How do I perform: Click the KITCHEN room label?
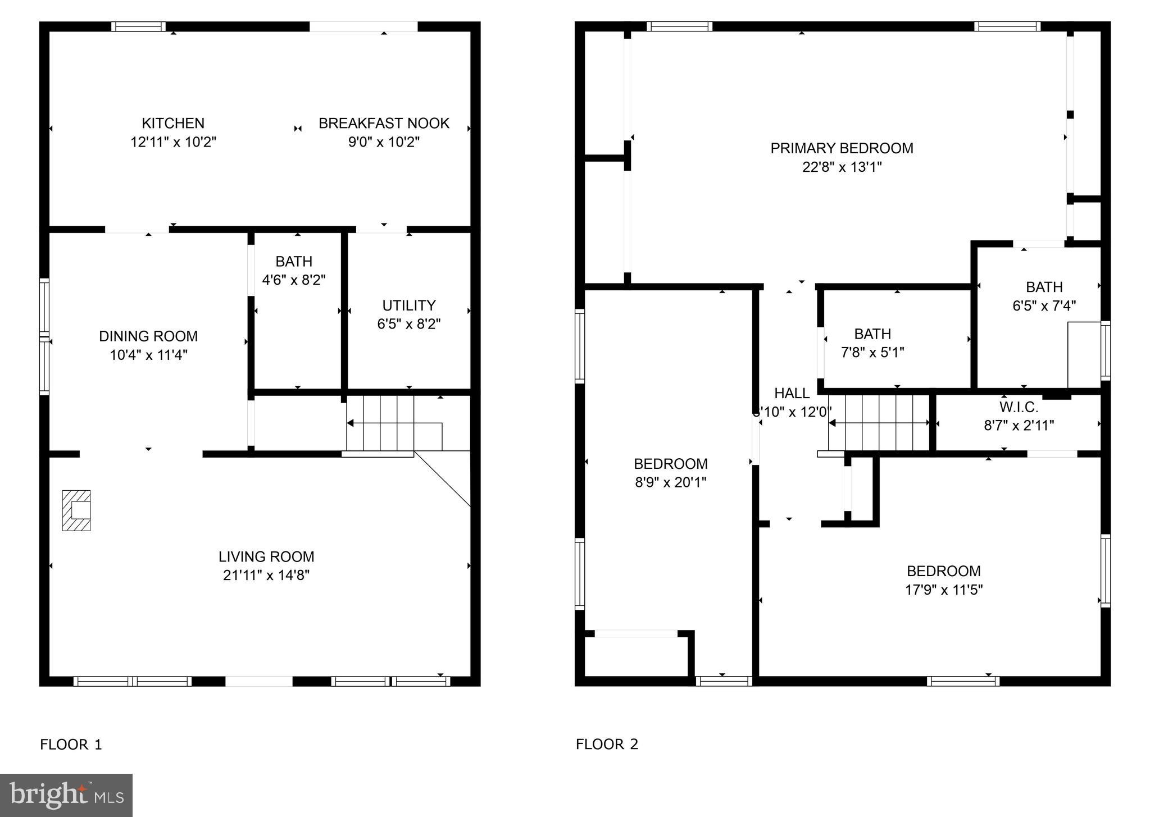tap(173, 123)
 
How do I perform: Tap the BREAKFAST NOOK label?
tap(384, 123)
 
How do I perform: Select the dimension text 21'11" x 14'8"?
tap(266, 575)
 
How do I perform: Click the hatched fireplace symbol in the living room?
tap(76, 510)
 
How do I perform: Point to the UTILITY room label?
tap(408, 305)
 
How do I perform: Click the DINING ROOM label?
tap(148, 336)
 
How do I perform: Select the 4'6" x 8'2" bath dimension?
tap(294, 280)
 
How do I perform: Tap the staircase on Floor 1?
tap(380, 423)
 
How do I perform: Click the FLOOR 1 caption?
tap(71, 745)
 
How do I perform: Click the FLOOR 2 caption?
tap(607, 745)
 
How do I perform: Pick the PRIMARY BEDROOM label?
tap(842, 148)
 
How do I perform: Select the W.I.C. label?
tap(1019, 407)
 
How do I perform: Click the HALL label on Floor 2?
tap(792, 393)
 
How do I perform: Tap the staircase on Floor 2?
tap(879, 423)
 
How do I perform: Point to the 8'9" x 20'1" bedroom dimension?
tap(670, 482)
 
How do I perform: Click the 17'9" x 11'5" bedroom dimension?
tap(943, 590)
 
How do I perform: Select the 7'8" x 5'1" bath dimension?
tap(872, 353)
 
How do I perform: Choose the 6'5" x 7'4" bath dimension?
tap(1044, 306)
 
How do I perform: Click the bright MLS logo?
tap(66, 795)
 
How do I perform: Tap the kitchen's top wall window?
tap(138, 26)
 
